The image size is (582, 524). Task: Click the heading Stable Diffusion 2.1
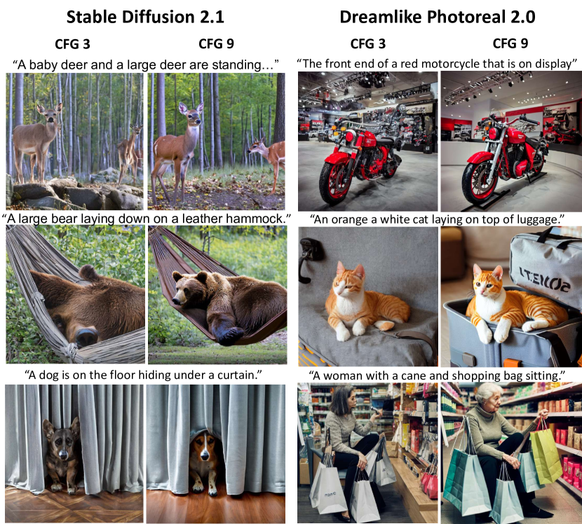(145, 17)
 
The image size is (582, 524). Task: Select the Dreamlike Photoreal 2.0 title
(438, 17)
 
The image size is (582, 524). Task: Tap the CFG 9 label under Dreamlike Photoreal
(510, 43)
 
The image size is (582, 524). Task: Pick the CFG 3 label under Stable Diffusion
(72, 44)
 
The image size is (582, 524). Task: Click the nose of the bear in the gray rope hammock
(86, 336)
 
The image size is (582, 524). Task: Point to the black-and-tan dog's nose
(62, 453)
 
